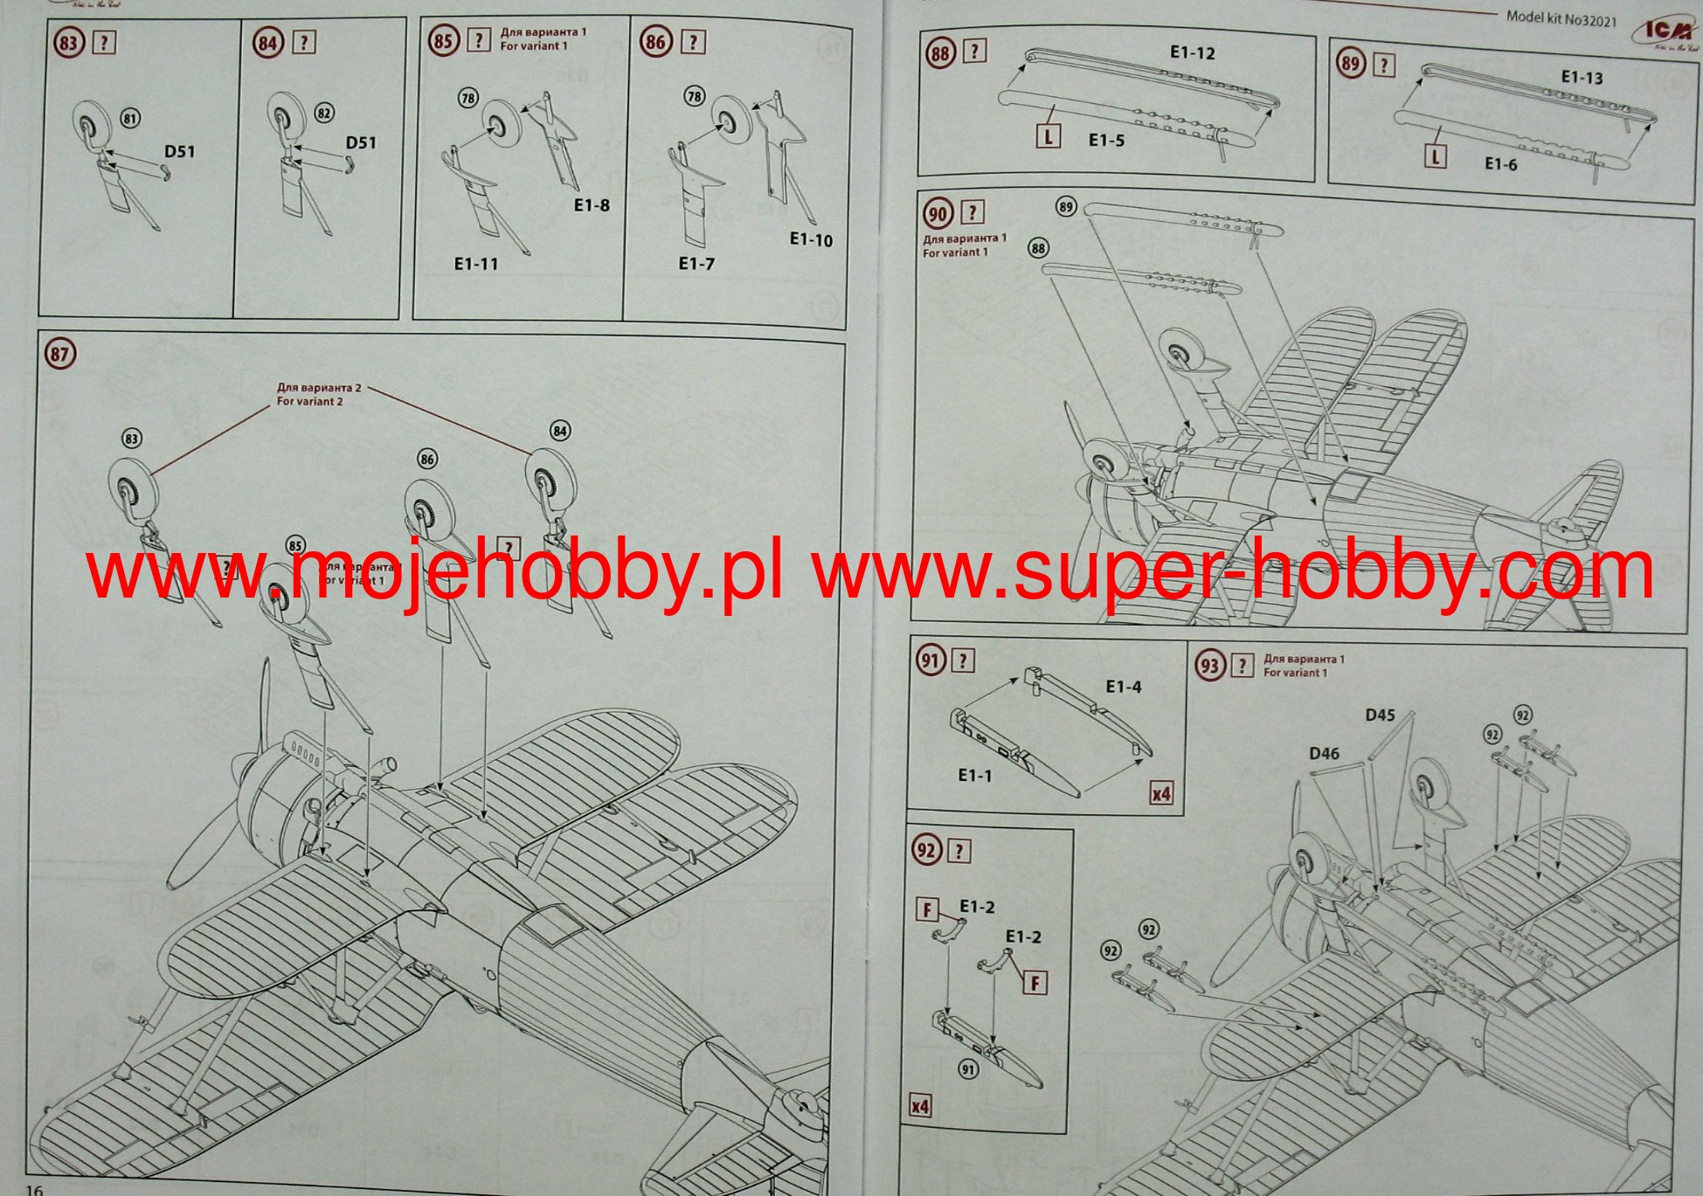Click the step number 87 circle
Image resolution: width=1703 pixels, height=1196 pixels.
[59, 354]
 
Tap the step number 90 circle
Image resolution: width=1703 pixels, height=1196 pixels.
[938, 213]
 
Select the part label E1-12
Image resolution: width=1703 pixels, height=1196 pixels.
[1192, 53]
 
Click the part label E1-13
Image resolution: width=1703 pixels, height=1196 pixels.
[1582, 78]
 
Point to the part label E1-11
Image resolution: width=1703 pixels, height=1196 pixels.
[476, 264]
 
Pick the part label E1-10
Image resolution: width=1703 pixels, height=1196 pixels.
[811, 240]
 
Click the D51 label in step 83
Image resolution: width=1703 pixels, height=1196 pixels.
[180, 152]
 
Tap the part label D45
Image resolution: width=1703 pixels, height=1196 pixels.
[1380, 716]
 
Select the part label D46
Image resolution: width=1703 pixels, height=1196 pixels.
[1324, 754]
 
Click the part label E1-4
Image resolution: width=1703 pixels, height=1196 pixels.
[1124, 688]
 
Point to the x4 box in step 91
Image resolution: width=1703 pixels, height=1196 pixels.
[1160, 794]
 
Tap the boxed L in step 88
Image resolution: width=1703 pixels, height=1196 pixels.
[1048, 136]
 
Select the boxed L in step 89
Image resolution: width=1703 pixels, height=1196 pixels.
[1435, 157]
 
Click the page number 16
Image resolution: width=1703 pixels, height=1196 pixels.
[34, 1189]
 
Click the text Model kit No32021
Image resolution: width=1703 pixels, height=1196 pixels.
[1561, 17]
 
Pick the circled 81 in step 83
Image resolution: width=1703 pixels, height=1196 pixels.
[130, 118]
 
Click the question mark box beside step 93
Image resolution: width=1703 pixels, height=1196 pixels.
[1242, 667]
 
